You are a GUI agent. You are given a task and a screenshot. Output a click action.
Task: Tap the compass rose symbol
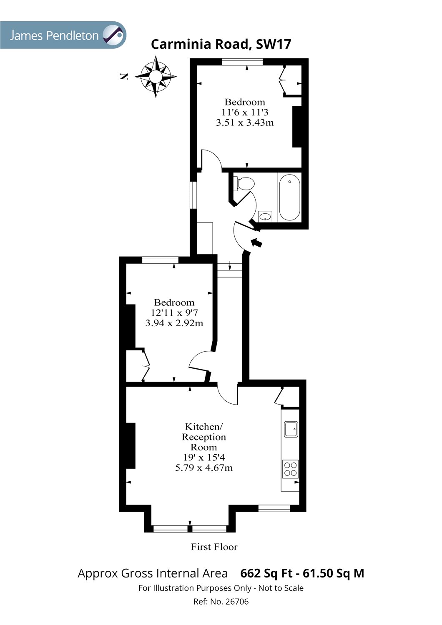point(156,77)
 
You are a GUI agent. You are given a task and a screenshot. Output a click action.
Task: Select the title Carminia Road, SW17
point(221,44)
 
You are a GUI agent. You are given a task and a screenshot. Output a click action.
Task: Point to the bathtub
point(289,197)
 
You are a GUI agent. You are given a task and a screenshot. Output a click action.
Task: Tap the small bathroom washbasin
point(265,216)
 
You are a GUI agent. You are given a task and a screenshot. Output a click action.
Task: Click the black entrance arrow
point(256,242)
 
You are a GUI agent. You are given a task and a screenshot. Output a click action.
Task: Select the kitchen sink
point(291,429)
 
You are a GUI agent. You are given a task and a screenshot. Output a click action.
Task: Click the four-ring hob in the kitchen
point(291,468)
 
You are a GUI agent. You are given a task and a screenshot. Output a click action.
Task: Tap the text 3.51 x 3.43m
point(245,122)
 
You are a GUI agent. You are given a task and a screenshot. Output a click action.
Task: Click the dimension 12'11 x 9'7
point(174,312)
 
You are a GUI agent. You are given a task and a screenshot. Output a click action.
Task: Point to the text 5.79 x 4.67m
point(204,467)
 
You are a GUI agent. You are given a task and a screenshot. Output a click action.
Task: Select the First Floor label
point(214,547)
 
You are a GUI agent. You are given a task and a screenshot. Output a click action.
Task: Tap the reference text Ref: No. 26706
point(221,601)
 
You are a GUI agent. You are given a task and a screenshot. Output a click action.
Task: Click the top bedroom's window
point(242,62)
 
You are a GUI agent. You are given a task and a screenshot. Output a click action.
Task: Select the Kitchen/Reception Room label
point(204,437)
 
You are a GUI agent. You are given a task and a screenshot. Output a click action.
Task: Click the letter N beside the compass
point(123,76)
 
